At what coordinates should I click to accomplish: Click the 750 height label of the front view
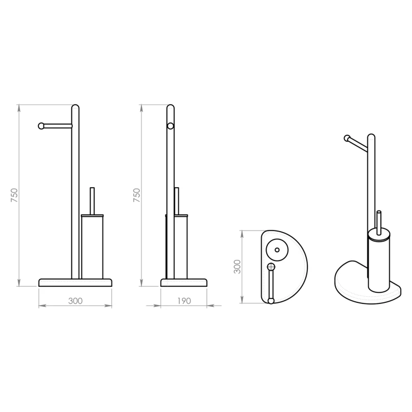click(14, 195)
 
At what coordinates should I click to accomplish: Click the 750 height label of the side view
click(137, 195)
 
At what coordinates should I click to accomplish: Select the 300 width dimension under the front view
click(75, 301)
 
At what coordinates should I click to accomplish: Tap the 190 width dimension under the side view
click(184, 301)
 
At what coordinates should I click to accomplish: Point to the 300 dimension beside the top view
click(237, 267)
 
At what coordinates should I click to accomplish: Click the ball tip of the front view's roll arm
click(41, 126)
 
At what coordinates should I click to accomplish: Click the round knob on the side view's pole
click(170, 126)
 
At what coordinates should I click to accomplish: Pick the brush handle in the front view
click(92, 201)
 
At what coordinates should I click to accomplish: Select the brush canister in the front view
click(92, 247)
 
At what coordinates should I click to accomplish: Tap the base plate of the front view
click(75, 283)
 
